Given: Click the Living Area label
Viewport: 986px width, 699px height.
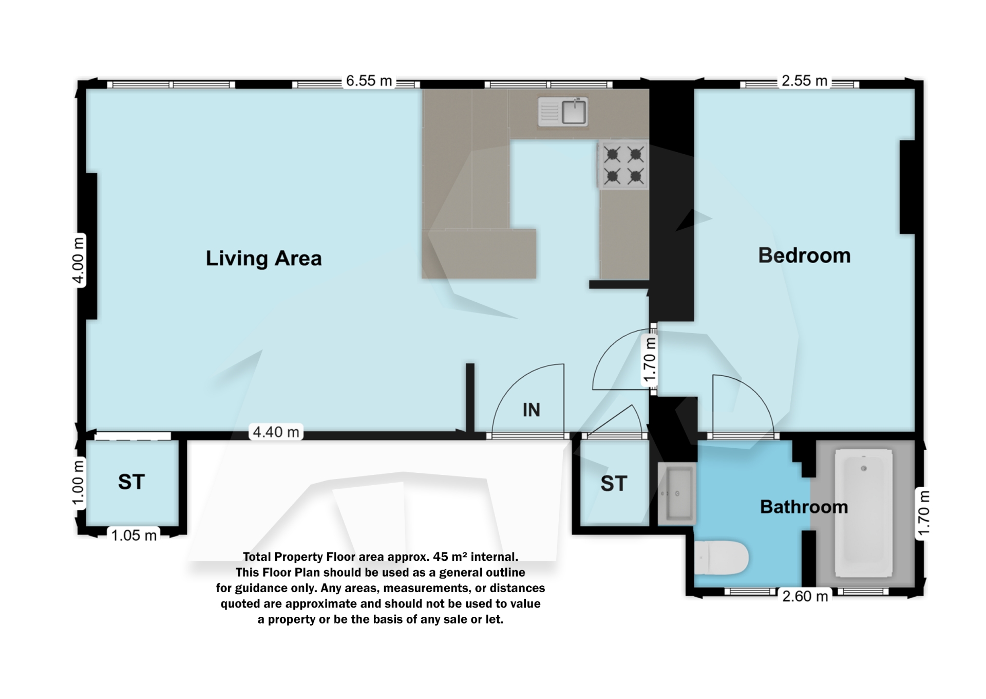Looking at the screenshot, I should coord(263,258).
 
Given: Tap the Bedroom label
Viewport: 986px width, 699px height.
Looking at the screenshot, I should coord(804,255).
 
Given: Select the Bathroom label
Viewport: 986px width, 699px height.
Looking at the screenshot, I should coord(804,507).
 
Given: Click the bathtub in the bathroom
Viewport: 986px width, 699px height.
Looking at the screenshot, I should coord(863,513).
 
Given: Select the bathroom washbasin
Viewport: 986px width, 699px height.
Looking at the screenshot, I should coord(677,493).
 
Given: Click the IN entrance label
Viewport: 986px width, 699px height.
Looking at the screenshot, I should coord(531,410).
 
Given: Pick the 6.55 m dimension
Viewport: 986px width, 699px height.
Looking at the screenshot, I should coord(369,81).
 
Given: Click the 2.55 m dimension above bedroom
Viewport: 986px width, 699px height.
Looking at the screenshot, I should coord(804,81).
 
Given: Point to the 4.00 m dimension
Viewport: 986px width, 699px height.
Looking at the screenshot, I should coord(78,260).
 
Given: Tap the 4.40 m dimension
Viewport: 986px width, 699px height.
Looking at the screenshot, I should coord(276,432).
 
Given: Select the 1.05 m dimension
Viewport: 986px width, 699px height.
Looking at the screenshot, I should coord(134,536).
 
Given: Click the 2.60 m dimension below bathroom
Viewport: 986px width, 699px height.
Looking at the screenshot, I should coord(805,596).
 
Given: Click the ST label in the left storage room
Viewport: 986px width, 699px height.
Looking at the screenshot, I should coord(131,482).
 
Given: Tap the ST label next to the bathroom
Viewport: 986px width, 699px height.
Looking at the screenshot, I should coord(614,484).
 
